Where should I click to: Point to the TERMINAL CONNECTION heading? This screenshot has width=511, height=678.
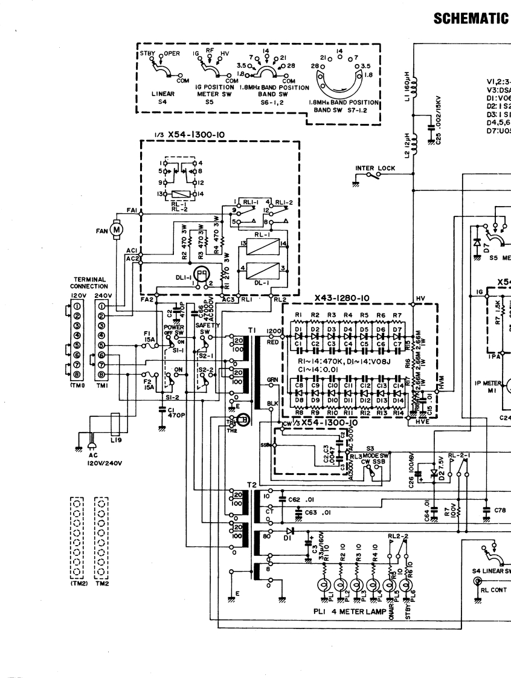(x=89, y=283)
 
